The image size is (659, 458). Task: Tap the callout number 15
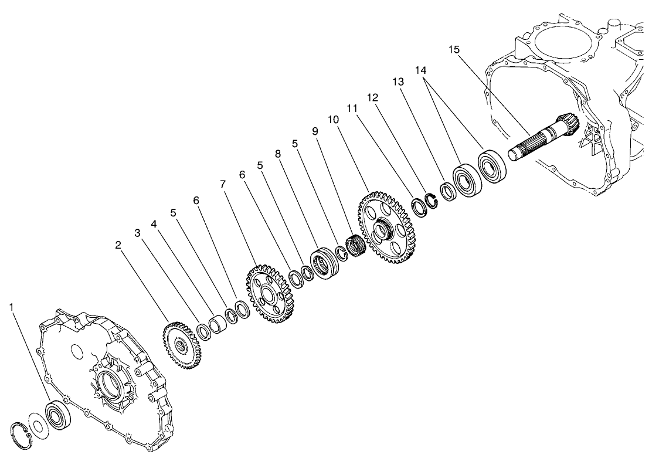454,49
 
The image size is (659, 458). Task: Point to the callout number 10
333,119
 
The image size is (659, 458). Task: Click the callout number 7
223,184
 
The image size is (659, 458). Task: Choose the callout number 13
398,83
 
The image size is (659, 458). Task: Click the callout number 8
278,153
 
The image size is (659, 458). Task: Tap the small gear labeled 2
180,345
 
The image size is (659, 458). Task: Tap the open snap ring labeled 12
432,203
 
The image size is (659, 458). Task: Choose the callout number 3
137,233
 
